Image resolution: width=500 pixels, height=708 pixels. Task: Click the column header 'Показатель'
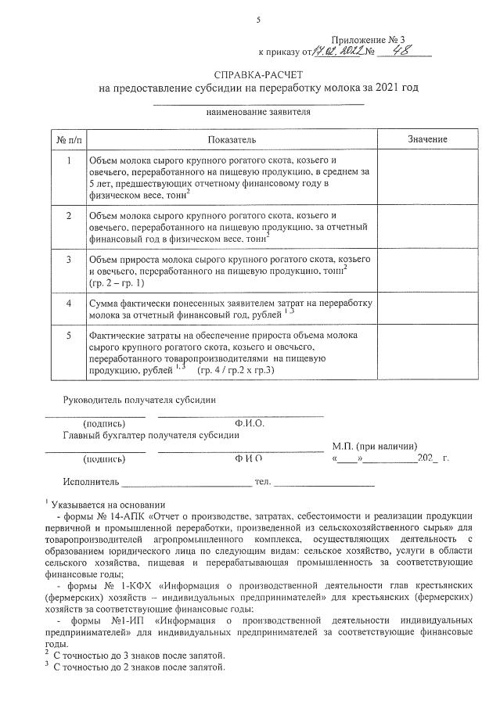pyautogui.click(x=232, y=138)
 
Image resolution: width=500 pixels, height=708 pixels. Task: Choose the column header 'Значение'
pyautogui.click(x=427, y=138)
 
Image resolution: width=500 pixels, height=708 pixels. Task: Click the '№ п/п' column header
pyautogui.click(x=67, y=138)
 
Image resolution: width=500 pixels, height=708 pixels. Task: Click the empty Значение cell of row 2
pyautogui.click(x=427, y=226)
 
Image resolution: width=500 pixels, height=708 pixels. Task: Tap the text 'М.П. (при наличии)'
pyautogui.click(x=374, y=445)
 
